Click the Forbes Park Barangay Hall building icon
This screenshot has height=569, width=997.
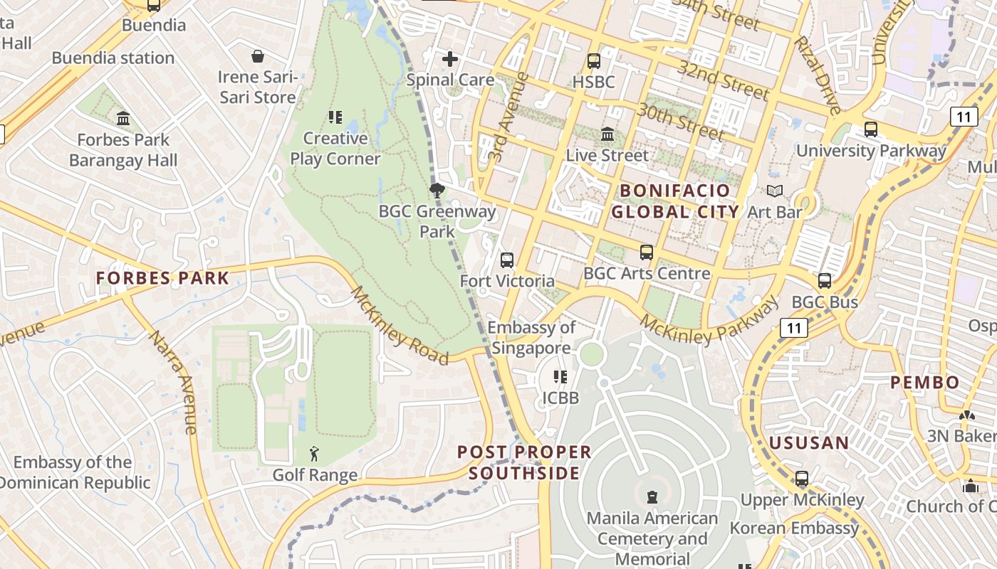(123, 117)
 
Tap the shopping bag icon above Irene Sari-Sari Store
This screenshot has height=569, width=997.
(258, 55)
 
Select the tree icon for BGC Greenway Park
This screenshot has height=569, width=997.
(437, 190)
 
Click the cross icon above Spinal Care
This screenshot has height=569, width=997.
(450, 59)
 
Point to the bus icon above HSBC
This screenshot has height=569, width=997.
(593, 61)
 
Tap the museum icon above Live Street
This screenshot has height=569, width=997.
(607, 134)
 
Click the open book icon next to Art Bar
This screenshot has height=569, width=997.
(774, 191)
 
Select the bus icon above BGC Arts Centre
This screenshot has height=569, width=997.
(646, 252)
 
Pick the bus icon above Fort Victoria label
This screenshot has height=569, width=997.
(506, 260)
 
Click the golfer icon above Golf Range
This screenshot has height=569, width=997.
(314, 453)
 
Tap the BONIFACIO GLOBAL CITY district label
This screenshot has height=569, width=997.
(675, 201)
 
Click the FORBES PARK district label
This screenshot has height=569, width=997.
(163, 278)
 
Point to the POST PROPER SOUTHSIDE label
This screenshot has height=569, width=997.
(524, 462)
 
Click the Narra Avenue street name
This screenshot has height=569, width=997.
(172, 382)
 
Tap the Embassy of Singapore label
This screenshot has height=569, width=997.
(531, 338)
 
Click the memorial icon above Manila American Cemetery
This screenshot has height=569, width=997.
(652, 496)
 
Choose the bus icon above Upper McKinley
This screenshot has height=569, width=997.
(801, 479)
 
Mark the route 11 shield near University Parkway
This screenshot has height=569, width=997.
(964, 116)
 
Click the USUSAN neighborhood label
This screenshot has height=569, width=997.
(809, 443)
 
